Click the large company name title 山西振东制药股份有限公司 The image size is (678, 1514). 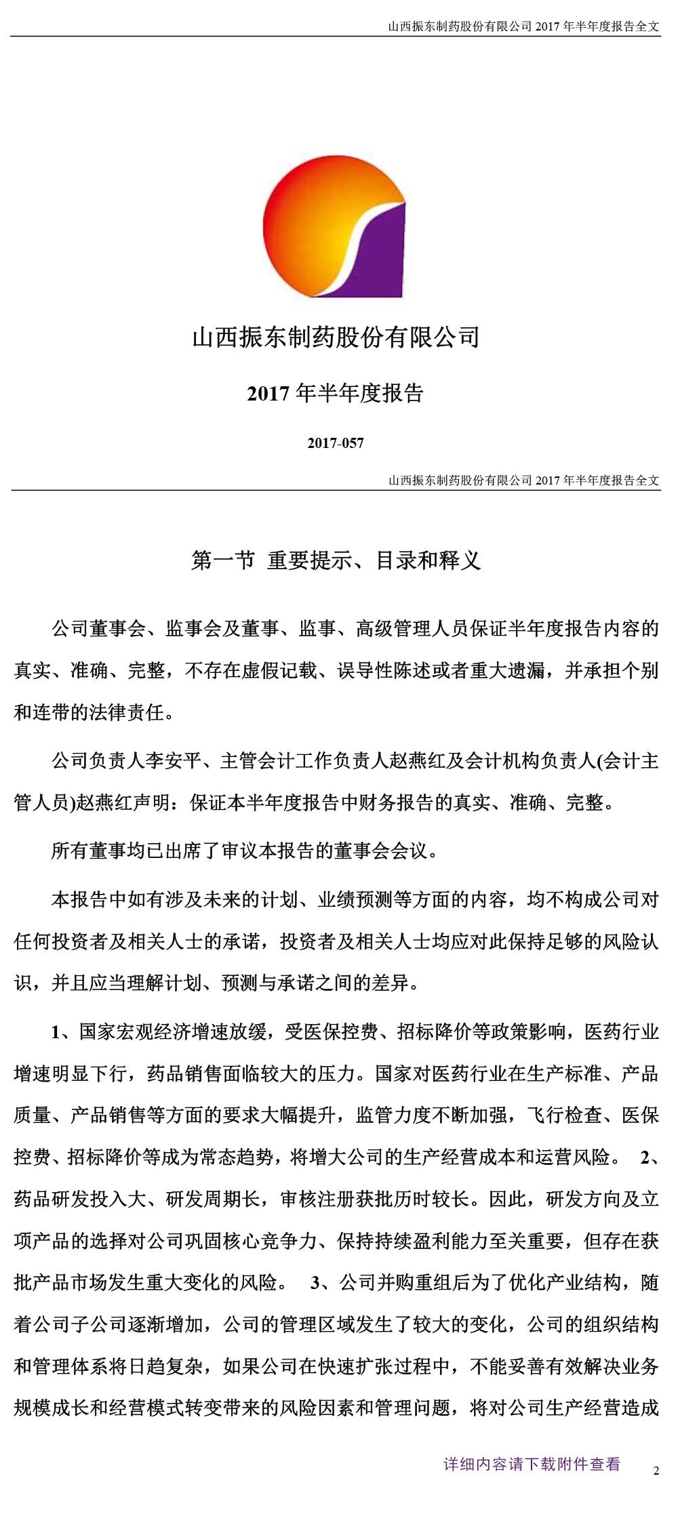(x=336, y=337)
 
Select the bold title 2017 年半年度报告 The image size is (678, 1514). (x=336, y=394)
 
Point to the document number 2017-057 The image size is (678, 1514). (x=336, y=443)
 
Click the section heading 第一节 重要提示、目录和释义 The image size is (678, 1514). (x=336, y=560)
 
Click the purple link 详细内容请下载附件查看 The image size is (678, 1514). (x=532, y=1464)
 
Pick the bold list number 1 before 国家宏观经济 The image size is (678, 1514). (x=56, y=1032)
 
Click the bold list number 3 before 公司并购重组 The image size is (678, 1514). (x=315, y=1283)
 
